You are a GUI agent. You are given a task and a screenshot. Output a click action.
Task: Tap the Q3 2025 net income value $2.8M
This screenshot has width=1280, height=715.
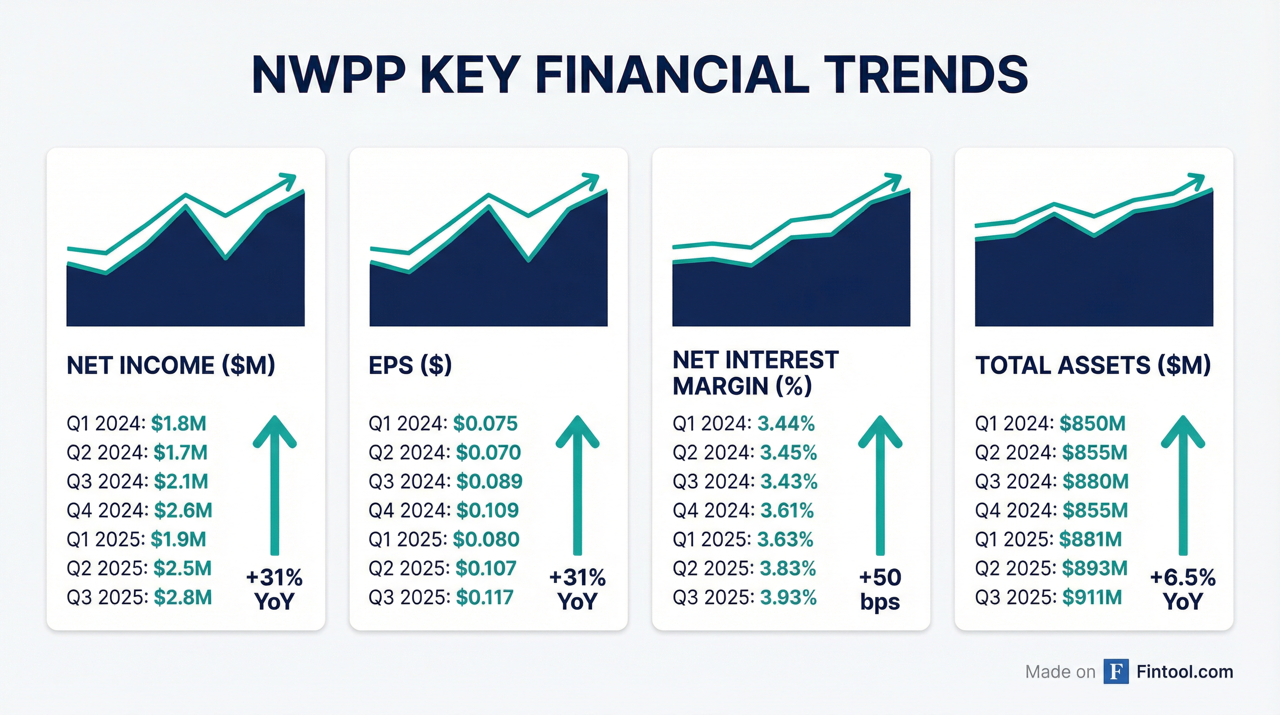tap(182, 597)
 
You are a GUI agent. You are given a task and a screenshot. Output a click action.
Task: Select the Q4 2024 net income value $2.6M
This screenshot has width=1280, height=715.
tap(183, 510)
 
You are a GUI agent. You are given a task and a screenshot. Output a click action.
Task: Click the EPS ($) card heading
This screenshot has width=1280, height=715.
tap(410, 365)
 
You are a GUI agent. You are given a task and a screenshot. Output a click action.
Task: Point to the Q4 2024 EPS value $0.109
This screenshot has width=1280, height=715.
tap(487, 510)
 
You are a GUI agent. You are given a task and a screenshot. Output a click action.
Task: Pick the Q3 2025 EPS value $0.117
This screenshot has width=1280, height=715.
tap(485, 597)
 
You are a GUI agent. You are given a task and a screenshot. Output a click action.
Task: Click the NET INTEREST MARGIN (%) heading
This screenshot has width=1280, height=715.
tap(755, 373)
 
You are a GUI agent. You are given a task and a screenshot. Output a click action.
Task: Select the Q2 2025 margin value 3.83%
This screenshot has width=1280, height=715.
tap(787, 568)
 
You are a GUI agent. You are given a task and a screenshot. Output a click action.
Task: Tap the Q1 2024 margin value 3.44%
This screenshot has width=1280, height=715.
tap(786, 424)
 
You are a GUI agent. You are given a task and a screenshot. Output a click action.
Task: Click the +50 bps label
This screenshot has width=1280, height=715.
tap(880, 589)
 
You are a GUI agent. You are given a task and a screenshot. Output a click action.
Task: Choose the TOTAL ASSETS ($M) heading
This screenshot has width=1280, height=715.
tap(1093, 365)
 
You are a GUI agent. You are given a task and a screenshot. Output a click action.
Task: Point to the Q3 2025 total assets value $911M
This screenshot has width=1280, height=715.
tap(1092, 597)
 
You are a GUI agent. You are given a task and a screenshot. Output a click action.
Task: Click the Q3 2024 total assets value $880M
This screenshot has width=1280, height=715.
tap(1095, 481)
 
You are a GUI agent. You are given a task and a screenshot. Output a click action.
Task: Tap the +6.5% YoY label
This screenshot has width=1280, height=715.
tap(1183, 589)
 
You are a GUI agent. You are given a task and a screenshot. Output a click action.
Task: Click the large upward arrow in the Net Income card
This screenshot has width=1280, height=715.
tap(274, 485)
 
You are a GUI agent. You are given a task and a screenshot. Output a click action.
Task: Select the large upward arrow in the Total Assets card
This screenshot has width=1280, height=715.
tap(1183, 485)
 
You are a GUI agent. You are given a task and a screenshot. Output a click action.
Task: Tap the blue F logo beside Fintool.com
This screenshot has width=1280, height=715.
tap(1116, 672)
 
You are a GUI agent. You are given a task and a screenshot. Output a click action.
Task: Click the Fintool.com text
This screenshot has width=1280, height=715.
tap(1185, 672)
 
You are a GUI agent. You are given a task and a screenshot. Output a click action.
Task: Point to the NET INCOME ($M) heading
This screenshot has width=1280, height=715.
tap(170, 365)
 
